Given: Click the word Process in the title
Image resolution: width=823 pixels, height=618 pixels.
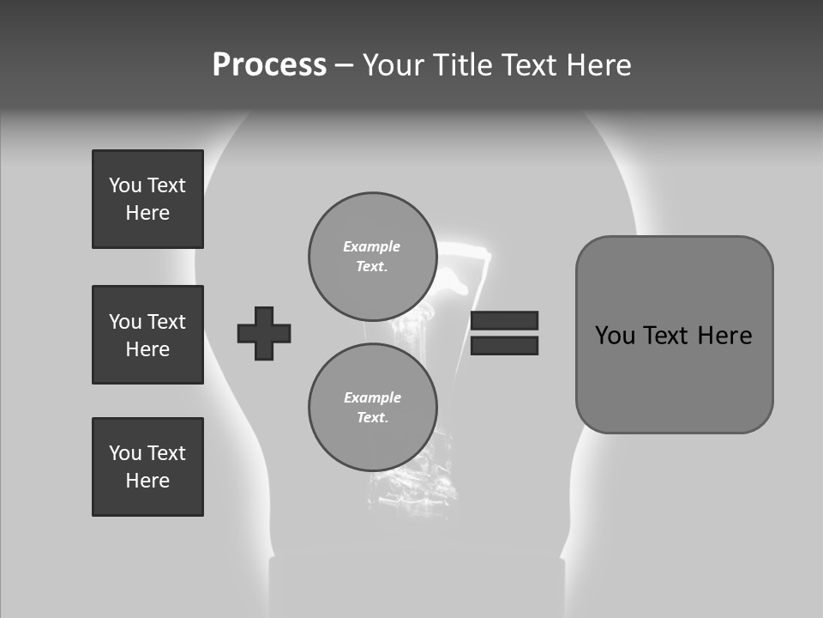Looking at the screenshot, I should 269,65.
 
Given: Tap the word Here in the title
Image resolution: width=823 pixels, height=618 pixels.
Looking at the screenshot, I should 599,65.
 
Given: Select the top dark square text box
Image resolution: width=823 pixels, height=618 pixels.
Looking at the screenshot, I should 147,199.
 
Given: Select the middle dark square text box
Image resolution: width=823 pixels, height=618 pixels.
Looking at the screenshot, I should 147,335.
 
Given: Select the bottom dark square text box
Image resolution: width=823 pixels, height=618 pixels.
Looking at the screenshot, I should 147,467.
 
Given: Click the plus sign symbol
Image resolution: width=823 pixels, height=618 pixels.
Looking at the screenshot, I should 264,333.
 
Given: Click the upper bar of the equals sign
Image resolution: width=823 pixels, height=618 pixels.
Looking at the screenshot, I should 504,320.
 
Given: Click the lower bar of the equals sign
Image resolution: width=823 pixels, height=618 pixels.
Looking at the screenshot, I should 504,346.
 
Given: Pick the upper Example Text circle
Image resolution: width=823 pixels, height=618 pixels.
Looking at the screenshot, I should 372,256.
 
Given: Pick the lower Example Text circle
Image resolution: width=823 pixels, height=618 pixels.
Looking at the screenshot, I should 372,407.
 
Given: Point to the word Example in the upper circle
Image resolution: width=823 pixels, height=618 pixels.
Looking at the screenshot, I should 372,246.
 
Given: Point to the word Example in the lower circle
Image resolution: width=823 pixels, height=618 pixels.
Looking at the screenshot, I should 372,397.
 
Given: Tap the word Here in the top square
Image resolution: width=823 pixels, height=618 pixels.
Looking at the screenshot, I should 147,213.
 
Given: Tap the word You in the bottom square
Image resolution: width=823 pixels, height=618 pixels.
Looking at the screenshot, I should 125,453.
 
